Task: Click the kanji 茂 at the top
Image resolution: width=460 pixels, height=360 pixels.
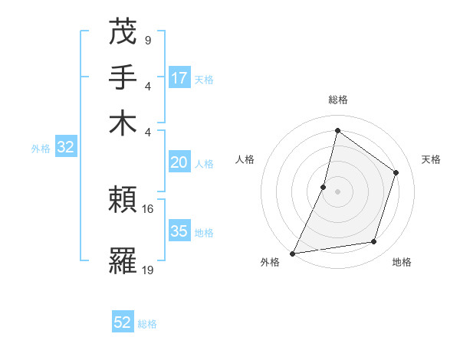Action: click(123, 32)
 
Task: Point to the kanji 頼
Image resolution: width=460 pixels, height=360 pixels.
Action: click(123, 201)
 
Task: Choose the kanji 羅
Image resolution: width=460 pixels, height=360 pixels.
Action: click(123, 263)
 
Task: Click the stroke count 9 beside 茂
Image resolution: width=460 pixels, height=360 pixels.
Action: click(147, 40)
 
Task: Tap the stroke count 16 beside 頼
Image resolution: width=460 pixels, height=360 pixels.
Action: click(148, 208)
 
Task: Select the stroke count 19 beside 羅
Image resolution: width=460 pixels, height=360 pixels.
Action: click(148, 270)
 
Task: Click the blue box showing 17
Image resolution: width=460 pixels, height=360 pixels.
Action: click(179, 78)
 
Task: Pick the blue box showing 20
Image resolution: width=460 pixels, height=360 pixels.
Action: click(179, 162)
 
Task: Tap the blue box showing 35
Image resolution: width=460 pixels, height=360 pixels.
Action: click(179, 231)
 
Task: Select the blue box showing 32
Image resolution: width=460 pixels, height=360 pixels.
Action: click(65, 148)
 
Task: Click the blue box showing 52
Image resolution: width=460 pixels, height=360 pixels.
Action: click(123, 323)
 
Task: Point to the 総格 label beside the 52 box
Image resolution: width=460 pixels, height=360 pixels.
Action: click(147, 324)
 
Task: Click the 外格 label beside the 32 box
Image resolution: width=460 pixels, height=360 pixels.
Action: click(40, 149)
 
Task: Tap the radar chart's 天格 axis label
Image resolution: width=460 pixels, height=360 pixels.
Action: click(431, 159)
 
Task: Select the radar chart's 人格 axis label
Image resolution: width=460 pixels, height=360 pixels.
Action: click(245, 159)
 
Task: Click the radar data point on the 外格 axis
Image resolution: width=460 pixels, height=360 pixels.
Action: click(293, 253)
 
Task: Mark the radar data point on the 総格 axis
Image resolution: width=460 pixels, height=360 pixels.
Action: click(337, 130)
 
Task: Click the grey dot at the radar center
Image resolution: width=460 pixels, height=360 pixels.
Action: click(337, 191)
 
